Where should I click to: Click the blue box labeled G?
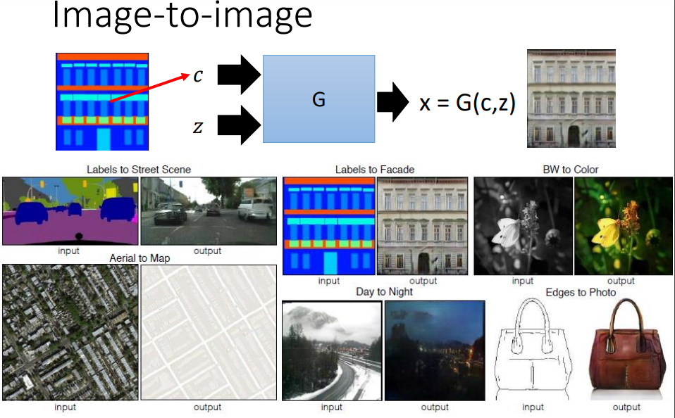[x=318, y=101]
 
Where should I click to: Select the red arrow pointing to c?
[x=151, y=87]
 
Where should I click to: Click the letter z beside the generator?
[x=199, y=126]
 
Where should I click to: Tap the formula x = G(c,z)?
[x=468, y=103]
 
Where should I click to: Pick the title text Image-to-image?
[x=182, y=17]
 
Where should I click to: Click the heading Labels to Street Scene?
[x=139, y=170]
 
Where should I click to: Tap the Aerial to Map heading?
[x=140, y=258]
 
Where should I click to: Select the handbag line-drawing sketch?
[x=533, y=348]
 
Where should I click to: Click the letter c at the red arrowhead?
[x=198, y=76]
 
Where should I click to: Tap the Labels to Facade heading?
[x=374, y=170]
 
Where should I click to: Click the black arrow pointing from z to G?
[x=239, y=124]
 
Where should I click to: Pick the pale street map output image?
[x=208, y=331]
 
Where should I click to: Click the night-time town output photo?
[x=435, y=350]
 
